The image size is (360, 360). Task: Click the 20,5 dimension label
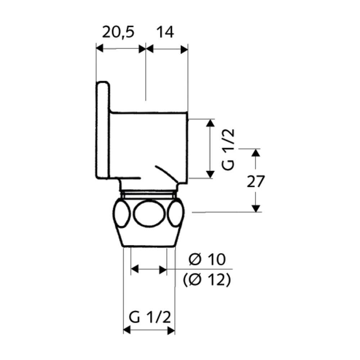(x=118, y=32)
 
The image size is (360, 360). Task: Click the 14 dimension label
(x=165, y=32)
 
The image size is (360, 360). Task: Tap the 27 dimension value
(x=256, y=181)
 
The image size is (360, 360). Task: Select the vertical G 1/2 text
(x=228, y=150)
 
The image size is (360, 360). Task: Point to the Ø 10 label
(x=207, y=260)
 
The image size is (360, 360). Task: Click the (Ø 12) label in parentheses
(x=207, y=280)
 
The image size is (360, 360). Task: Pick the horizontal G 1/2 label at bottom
(x=150, y=317)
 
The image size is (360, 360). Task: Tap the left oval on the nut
(x=122, y=213)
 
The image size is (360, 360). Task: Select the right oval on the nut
(x=176, y=213)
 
